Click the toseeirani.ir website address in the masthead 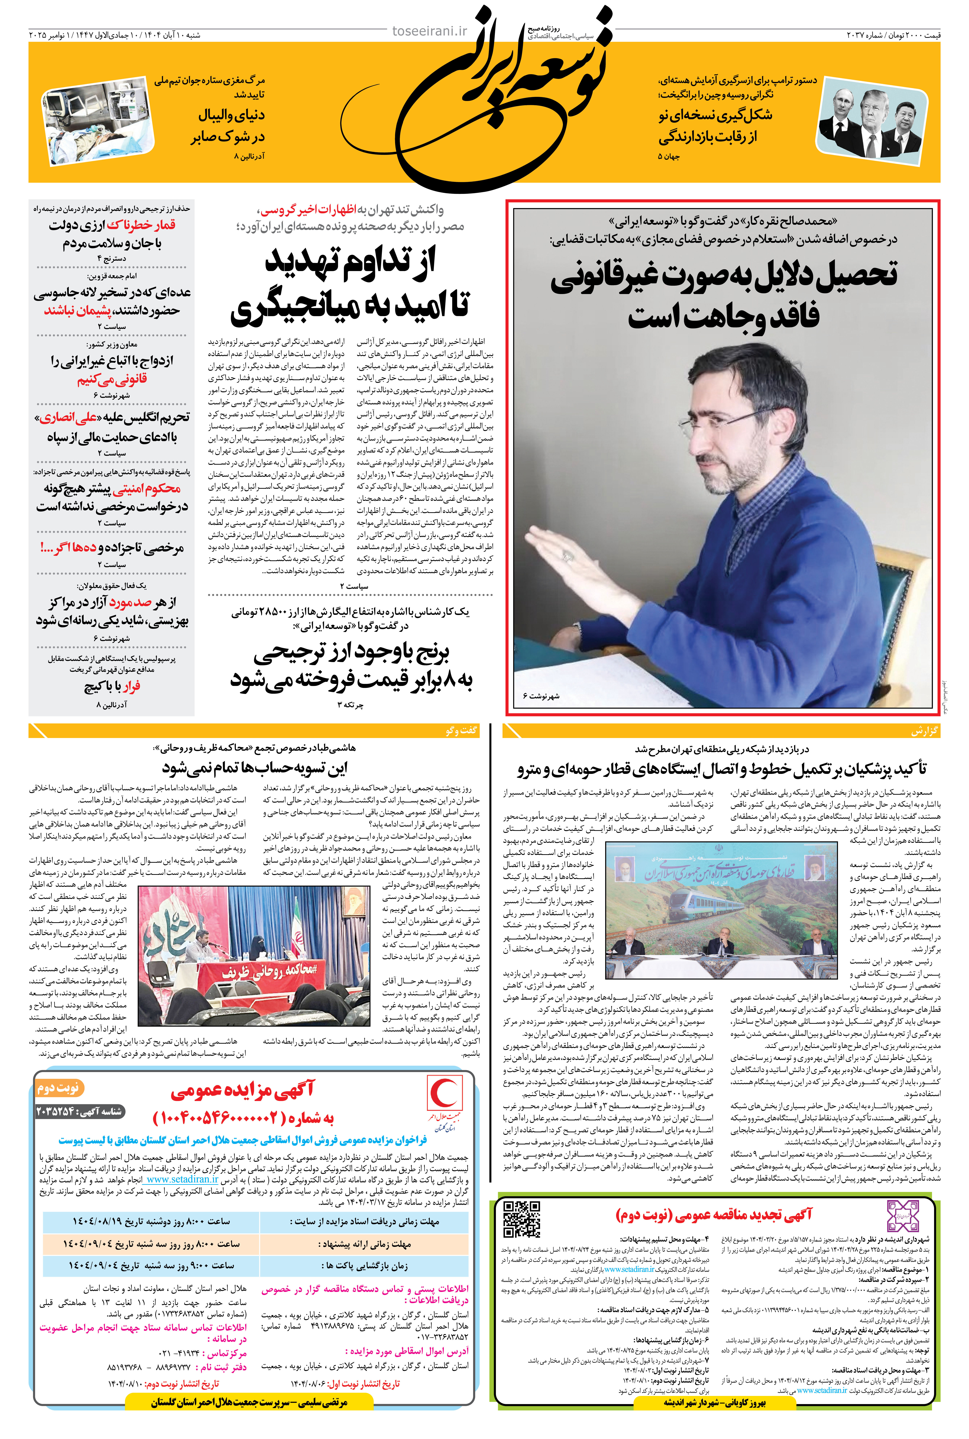(429, 31)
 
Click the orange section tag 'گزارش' (924, 731)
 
